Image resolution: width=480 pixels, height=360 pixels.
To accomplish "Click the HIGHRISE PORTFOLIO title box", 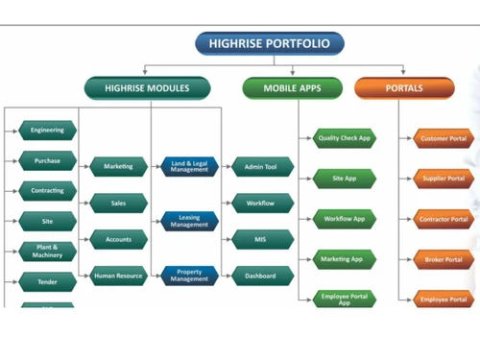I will point(269,43).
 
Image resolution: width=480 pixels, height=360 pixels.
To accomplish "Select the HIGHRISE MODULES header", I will point(147,88).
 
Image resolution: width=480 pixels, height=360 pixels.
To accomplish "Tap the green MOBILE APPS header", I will point(292,88).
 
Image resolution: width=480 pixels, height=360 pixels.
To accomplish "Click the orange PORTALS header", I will point(403,88).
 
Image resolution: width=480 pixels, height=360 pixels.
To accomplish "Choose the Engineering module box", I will point(47,130).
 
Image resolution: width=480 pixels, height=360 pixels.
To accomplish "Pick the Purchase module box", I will point(47,161).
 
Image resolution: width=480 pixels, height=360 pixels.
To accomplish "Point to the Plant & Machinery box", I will point(47,252).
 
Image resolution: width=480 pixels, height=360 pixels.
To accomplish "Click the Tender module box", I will point(47,282).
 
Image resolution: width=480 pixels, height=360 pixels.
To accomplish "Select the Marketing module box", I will point(118,167).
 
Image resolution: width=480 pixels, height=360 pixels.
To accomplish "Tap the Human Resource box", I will point(118,276).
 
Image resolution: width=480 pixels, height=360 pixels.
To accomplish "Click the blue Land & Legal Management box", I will point(189,167).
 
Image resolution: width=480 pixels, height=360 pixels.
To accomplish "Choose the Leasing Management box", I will point(189,222).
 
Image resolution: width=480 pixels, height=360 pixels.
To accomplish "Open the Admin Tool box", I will point(261,167).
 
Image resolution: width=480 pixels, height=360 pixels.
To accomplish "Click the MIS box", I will point(261,239).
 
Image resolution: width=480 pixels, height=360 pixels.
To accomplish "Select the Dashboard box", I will point(261,276).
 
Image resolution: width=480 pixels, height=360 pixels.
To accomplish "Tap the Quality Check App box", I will point(344,138).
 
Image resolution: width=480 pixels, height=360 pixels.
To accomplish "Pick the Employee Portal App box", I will point(344,299).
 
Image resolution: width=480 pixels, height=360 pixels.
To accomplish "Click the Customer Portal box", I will point(443,139).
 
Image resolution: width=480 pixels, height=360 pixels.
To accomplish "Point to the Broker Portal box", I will point(443,259).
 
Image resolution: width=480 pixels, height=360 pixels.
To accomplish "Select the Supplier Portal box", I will point(443,179).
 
